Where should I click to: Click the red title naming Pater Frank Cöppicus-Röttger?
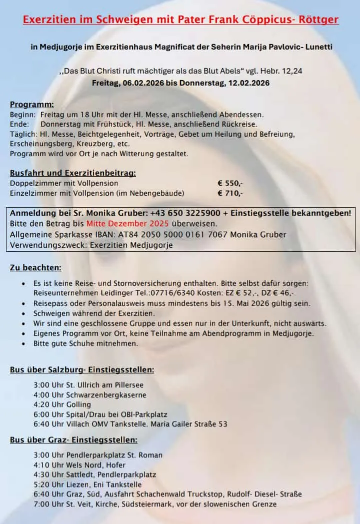click(180, 20)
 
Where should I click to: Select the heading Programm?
click(32, 105)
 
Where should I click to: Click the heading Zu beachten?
click(35, 268)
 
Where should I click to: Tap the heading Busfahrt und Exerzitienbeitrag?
click(73, 173)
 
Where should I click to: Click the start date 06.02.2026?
click(142, 83)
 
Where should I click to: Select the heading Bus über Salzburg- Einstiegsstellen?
click(82, 370)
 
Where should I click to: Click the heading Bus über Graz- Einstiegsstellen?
click(73, 440)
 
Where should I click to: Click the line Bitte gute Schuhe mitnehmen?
click(85, 343)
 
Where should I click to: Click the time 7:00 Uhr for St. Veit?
click(47, 504)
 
